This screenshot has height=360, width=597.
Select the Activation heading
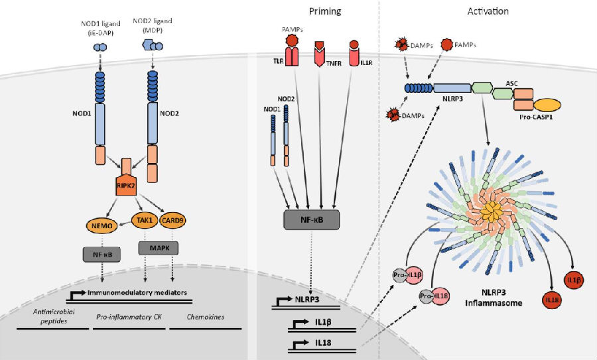click(x=488, y=11)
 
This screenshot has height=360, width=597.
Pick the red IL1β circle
click(x=574, y=280)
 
